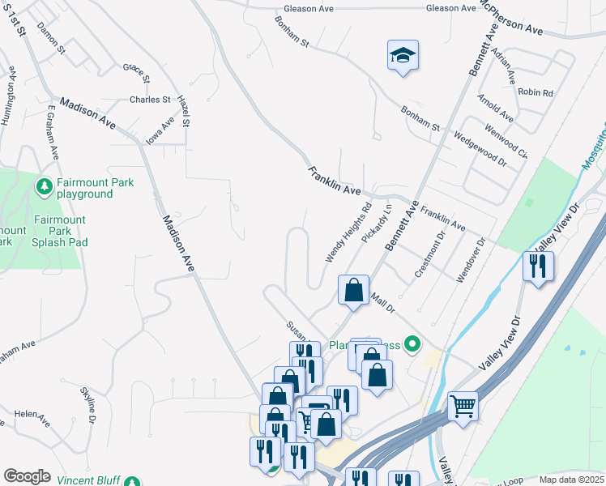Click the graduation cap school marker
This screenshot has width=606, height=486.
[403, 56]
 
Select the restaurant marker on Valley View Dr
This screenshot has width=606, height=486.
[538, 266]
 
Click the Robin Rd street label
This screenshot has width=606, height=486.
[535, 93]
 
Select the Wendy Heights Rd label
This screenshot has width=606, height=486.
[348, 232]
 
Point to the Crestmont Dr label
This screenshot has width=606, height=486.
[430, 256]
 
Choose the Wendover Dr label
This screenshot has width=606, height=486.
[470, 260]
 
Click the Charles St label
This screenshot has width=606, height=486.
[150, 100]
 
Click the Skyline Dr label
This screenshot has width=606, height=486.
[88, 405]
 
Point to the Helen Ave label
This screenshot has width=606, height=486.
[32, 417]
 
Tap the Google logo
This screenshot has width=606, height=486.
[27, 476]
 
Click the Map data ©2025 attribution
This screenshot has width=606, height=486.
[570, 480]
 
